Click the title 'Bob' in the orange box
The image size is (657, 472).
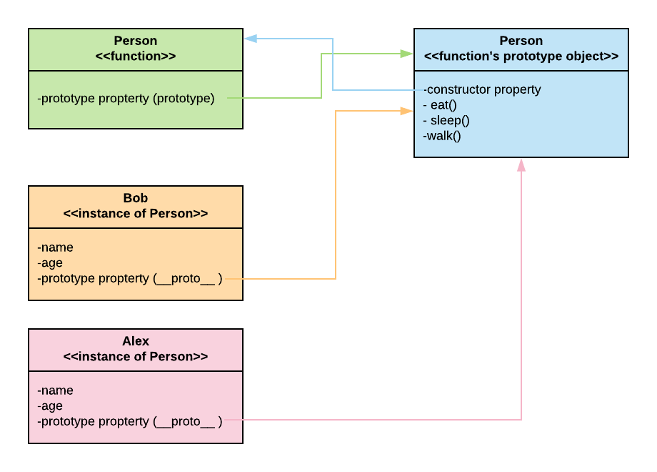(x=135, y=198)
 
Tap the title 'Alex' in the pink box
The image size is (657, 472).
(x=135, y=341)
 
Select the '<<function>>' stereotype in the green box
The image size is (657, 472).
(x=135, y=56)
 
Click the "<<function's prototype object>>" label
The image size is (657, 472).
(x=521, y=56)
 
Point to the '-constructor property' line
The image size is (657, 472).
(x=482, y=89)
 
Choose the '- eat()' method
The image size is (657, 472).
(x=439, y=105)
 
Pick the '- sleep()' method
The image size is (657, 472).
(x=446, y=120)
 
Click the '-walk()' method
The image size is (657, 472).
(x=442, y=135)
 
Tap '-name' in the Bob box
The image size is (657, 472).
(x=55, y=247)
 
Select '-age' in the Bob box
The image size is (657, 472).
(x=50, y=262)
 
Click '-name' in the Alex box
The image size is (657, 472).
(x=55, y=390)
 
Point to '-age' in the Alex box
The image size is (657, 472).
(x=50, y=405)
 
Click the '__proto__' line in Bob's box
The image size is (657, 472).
(x=129, y=278)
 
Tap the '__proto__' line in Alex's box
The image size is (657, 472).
(x=129, y=421)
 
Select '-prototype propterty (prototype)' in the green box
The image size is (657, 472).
(x=126, y=98)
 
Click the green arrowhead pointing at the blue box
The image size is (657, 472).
(x=406, y=54)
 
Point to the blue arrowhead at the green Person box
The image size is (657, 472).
(x=251, y=39)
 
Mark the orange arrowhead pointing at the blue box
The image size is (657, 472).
(x=406, y=110)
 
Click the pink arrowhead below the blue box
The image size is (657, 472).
(x=521, y=165)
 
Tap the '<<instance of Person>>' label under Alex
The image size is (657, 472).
(x=135, y=356)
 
